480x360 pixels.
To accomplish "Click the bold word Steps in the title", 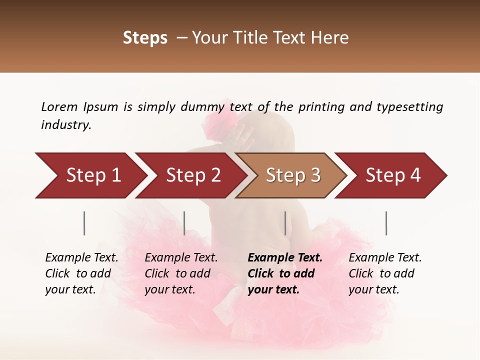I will (145, 38).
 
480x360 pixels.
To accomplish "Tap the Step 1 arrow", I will (90, 175).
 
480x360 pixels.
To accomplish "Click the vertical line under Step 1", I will (84, 223).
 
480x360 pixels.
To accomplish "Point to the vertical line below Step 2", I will (184, 223).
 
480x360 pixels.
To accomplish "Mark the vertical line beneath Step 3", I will (285, 223).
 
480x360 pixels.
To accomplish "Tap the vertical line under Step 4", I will (386, 223).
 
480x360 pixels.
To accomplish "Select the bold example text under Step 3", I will (285, 273).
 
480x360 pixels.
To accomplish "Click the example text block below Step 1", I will (81, 273).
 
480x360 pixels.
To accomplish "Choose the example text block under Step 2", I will (181, 273).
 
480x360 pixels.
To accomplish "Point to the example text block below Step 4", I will (385, 273).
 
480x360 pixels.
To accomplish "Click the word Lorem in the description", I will (59, 106).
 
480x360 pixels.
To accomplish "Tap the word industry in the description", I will (66, 124).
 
